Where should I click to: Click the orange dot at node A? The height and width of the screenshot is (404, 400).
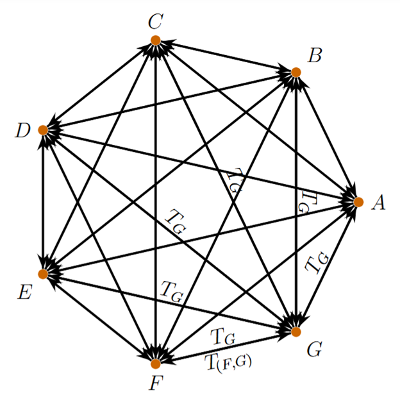click(x=358, y=201)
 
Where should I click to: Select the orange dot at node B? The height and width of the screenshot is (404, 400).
click(x=296, y=72)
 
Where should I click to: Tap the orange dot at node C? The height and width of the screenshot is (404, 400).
click(x=155, y=40)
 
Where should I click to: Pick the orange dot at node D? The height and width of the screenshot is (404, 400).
click(x=43, y=130)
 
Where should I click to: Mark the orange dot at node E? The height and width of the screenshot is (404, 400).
click(x=43, y=274)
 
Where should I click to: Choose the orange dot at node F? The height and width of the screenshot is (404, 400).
click(x=155, y=364)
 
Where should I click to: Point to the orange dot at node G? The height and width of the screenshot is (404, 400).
click(x=296, y=331)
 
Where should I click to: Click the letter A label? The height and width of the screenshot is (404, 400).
click(x=378, y=203)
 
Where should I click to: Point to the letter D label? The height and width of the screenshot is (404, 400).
click(x=23, y=131)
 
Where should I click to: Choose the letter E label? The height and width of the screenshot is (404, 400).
click(x=24, y=293)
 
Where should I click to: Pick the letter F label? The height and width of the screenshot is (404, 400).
click(x=154, y=384)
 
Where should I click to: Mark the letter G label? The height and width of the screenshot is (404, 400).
click(x=314, y=349)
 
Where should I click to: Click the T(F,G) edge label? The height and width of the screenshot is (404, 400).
click(x=229, y=363)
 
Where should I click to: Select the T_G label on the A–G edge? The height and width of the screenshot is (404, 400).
click(x=317, y=263)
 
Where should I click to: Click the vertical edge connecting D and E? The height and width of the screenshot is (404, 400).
click(x=43, y=202)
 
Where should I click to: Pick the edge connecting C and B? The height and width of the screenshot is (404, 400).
click(x=224, y=56)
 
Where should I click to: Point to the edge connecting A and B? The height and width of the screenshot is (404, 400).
click(x=327, y=137)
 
